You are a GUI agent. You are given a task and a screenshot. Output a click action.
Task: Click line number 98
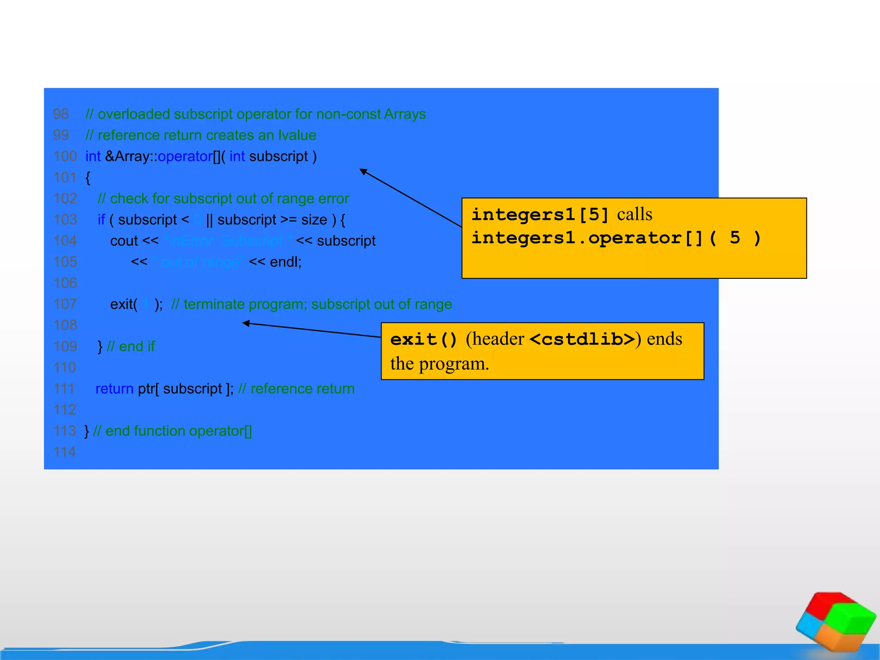pos(61,114)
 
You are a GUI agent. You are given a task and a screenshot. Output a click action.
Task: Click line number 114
pos(64,452)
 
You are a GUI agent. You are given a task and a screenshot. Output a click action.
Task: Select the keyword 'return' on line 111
pos(114,389)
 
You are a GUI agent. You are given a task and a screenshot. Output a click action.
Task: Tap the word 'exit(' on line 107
pos(124,305)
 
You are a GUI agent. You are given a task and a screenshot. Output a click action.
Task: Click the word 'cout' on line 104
pos(124,241)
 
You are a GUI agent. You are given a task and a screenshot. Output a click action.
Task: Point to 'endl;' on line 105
pos(286,262)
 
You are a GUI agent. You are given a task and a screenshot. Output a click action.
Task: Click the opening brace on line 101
pos(88,178)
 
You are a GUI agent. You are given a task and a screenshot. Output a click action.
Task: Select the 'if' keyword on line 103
pos(101,220)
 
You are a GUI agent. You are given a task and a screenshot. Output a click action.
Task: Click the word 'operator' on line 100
pos(185,157)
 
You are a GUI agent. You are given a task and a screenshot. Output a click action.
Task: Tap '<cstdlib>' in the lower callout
pos(582,339)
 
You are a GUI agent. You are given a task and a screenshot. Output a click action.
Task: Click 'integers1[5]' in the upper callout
pos(540,214)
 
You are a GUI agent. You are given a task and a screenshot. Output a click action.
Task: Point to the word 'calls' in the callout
pos(635,214)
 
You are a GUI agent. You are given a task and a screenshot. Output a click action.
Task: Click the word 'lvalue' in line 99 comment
pos(297,135)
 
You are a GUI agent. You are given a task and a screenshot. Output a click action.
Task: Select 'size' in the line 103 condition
pos(314,220)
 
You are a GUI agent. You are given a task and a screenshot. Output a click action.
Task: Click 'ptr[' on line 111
pos(148,389)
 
